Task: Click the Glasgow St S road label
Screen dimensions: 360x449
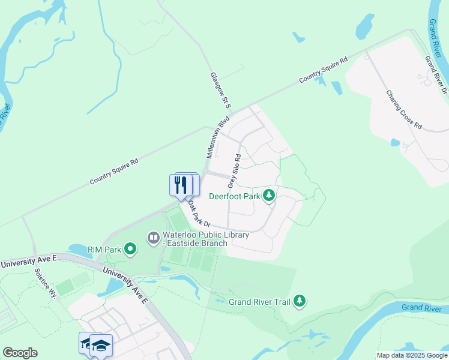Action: point(220,91)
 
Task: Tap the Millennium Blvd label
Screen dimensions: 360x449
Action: point(218,137)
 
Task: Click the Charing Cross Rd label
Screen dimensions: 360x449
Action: point(405,110)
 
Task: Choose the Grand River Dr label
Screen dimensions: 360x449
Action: point(436,75)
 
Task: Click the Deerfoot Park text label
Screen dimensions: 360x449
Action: point(235,196)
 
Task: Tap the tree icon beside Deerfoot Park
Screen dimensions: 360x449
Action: point(270,195)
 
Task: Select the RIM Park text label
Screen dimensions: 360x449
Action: point(104,249)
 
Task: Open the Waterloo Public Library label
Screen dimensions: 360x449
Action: point(197,239)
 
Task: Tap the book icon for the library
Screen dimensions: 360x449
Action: point(154,239)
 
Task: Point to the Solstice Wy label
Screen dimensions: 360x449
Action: point(46,284)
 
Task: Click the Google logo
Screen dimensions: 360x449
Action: point(20,353)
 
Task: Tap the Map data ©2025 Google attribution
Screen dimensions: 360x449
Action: point(412,355)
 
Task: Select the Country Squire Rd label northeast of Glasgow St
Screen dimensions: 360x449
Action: point(324,70)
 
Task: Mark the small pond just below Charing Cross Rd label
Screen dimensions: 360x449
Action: point(395,143)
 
